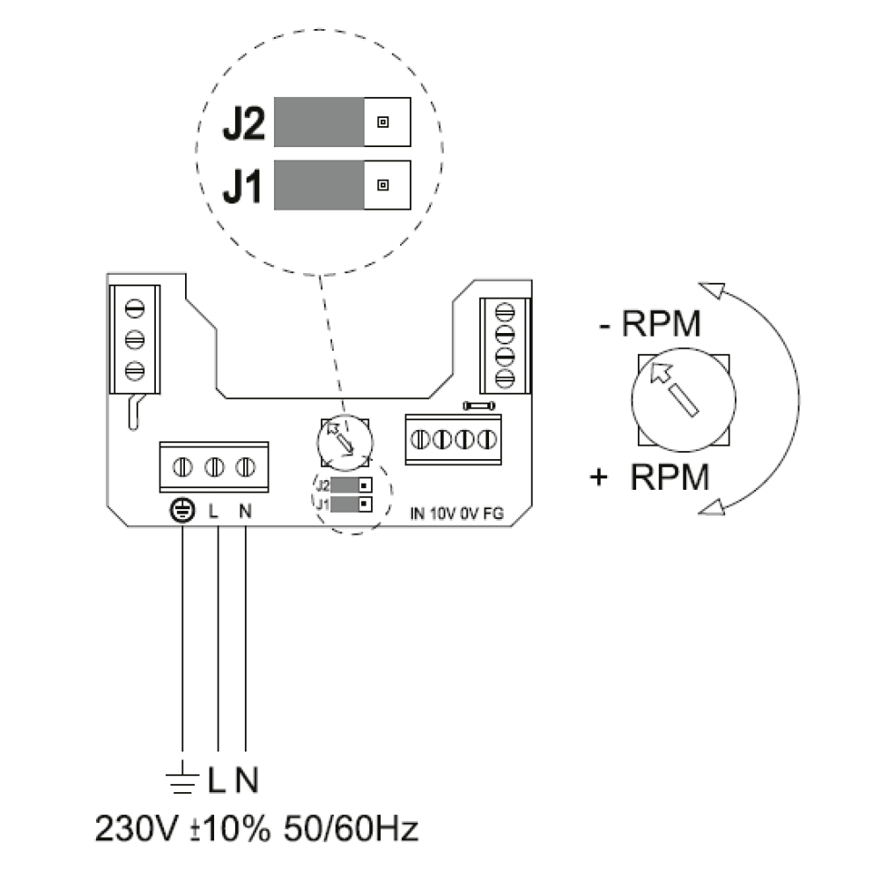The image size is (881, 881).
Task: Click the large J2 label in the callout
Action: pos(242,126)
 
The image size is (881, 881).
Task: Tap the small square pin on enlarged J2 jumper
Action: pos(382,122)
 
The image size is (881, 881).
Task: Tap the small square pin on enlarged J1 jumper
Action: pos(382,185)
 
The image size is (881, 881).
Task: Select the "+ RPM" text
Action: pos(651,478)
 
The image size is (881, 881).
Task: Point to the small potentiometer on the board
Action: pos(344,440)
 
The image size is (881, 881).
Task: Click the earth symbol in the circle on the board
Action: pos(181,510)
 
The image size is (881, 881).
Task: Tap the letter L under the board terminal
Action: pos(213,510)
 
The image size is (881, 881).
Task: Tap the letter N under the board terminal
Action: pos(244,510)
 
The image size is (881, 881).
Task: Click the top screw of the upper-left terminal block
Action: pos(134,308)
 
